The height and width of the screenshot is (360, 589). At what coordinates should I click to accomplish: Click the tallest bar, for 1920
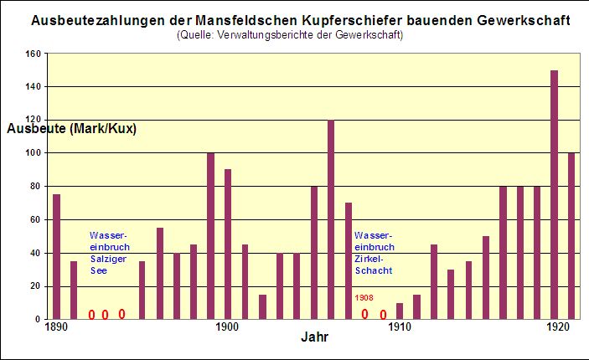pos(554,194)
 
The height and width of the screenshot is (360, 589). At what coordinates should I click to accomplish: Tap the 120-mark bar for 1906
pos(331,219)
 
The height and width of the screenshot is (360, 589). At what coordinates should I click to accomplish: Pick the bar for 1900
pos(228,244)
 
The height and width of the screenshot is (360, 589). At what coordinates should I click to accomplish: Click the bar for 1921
pos(571,235)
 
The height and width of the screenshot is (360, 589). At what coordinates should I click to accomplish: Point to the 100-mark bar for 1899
pos(210,235)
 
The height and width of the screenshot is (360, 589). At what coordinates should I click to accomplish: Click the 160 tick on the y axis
pos(33,54)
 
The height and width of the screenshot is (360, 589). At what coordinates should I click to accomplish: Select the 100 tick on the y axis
pos(33,153)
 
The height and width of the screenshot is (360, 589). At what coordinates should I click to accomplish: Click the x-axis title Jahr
pos(315,338)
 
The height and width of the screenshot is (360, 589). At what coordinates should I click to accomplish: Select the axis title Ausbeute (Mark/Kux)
pos(71,129)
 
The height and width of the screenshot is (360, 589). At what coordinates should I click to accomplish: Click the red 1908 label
pos(364,298)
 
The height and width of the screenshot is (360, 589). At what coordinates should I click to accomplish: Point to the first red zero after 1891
pos(91,315)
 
